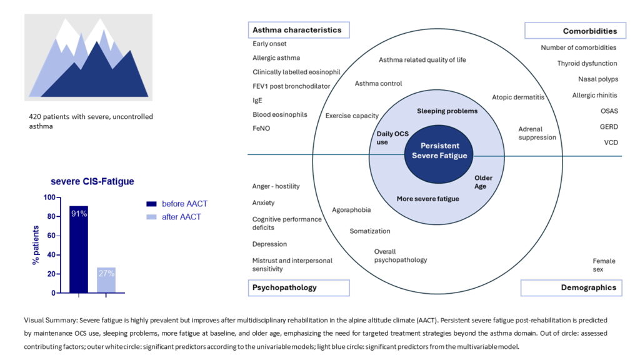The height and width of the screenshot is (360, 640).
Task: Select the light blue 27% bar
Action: tap(106, 279)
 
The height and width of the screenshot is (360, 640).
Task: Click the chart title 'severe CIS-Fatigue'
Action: tap(92, 182)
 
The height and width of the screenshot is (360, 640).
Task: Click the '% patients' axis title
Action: tap(36, 245)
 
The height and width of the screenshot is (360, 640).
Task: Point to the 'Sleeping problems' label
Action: tap(447, 111)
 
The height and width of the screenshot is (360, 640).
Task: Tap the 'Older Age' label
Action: tap(483, 182)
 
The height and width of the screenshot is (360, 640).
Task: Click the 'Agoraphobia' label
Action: tap(351, 210)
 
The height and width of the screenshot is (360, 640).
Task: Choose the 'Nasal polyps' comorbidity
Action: tap(597, 79)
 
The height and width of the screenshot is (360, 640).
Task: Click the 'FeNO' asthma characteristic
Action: tap(262, 128)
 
